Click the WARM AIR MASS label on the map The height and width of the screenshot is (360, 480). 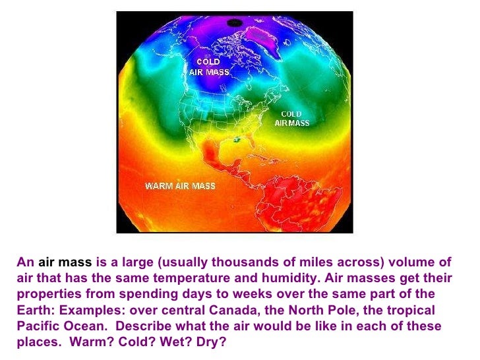coord(180,186)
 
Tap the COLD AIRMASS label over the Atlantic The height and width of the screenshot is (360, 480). coord(291,119)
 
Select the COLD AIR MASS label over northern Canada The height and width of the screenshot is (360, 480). coord(209,67)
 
